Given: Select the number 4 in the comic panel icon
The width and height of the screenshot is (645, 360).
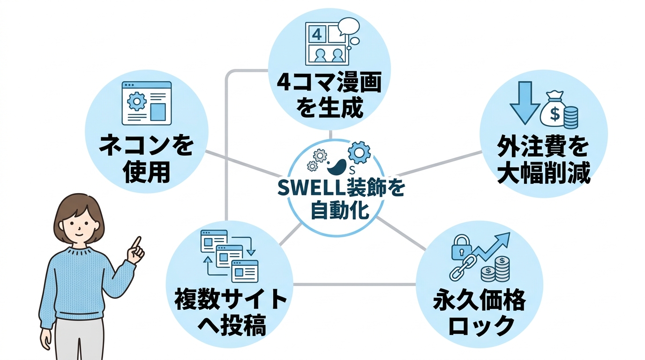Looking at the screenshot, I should click(317, 34).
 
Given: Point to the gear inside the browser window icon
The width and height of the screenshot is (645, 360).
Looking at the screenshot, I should click(137, 101).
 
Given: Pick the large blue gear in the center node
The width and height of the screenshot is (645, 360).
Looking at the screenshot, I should click(360, 151).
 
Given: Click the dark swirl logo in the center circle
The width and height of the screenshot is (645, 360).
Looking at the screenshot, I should click(337, 165).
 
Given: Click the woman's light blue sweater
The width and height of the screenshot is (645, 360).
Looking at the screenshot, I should click(77, 286).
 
